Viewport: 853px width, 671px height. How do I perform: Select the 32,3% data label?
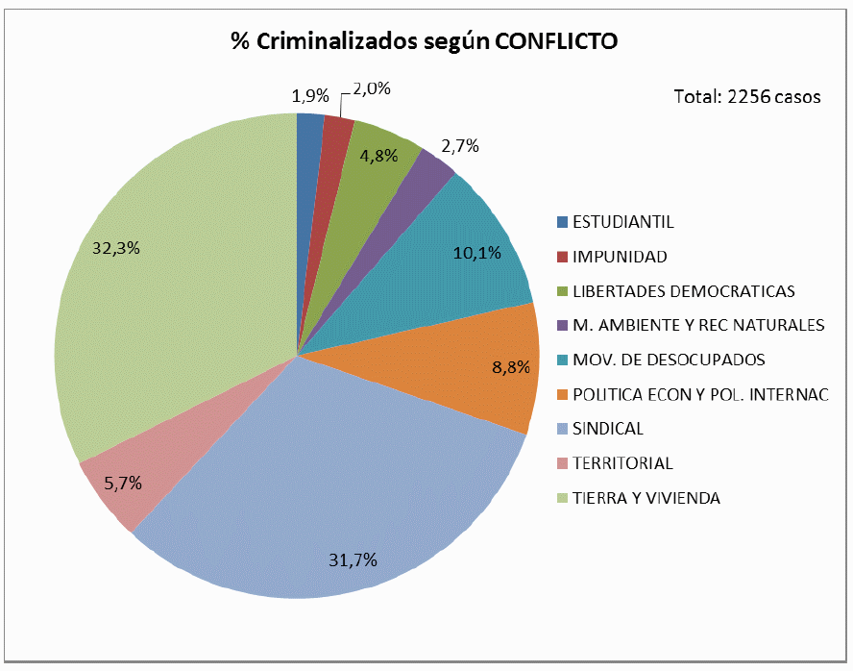pyautogui.click(x=116, y=247)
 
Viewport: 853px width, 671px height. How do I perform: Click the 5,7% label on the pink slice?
pyautogui.click(x=123, y=484)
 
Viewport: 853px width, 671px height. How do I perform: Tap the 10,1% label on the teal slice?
pyautogui.click(x=477, y=253)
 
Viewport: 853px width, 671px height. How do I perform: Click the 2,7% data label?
pyautogui.click(x=459, y=146)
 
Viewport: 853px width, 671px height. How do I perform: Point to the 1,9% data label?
pyautogui.click(x=309, y=95)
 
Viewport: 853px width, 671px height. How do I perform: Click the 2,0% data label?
pyautogui.click(x=371, y=88)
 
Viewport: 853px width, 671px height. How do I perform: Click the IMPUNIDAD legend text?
pyautogui.click(x=620, y=257)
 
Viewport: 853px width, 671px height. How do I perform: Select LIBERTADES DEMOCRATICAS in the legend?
pyautogui.click(x=683, y=291)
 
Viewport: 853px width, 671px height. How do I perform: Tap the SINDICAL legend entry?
pyautogui.click(x=608, y=429)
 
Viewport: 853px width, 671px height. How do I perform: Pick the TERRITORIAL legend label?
pyautogui.click(x=622, y=463)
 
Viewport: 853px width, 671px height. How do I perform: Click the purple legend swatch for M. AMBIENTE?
pyautogui.click(x=562, y=325)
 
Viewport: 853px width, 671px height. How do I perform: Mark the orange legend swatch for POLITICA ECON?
pyautogui.click(x=562, y=394)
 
